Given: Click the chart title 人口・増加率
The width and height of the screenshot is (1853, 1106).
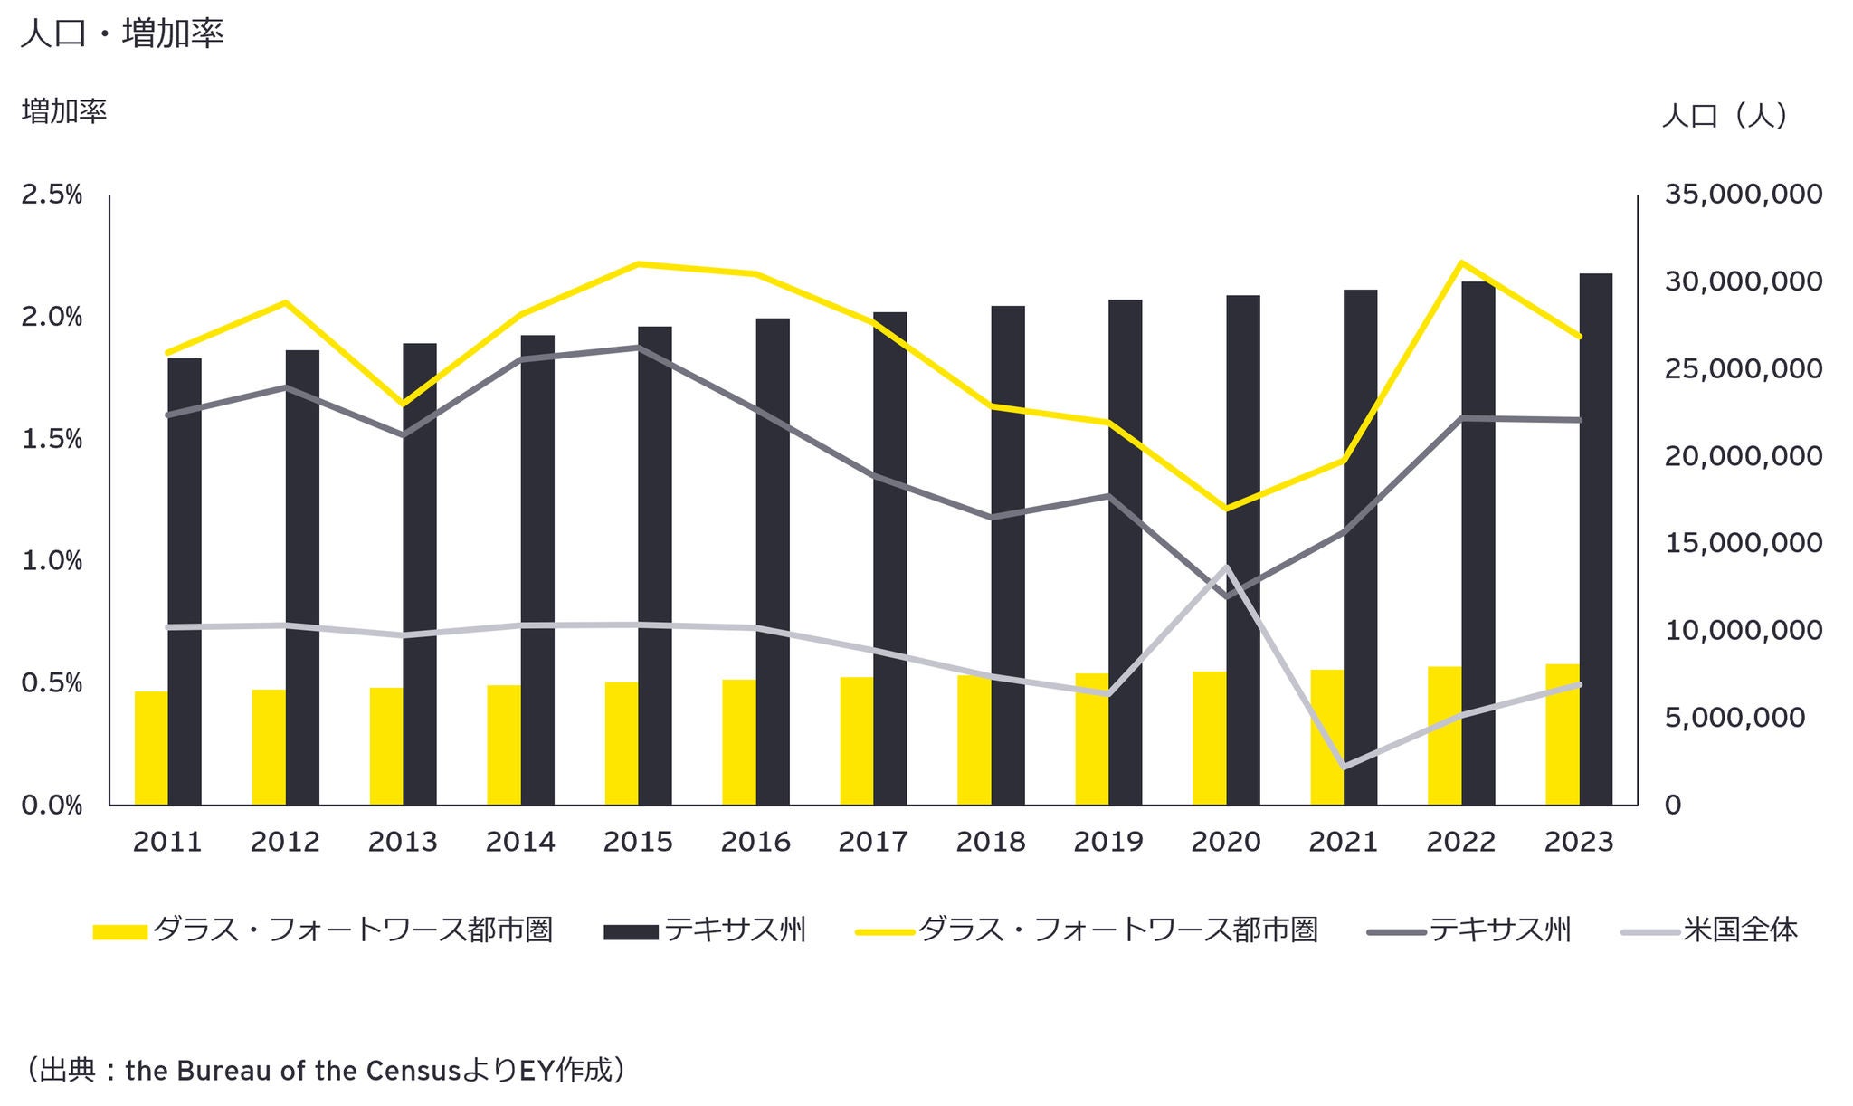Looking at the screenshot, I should (121, 34).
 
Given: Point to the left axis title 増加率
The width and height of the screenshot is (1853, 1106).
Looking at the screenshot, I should (64, 111).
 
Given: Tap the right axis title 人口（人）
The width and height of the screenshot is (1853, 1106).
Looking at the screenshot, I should (1725, 116).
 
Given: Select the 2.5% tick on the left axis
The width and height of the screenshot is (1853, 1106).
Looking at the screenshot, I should (52, 195).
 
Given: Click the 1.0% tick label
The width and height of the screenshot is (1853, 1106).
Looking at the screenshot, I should (52, 561).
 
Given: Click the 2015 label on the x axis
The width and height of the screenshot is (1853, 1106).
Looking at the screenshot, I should (638, 842).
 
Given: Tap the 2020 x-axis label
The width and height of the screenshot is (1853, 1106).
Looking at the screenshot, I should (1226, 842).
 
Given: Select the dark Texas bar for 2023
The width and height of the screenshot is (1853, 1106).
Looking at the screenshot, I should (1596, 539).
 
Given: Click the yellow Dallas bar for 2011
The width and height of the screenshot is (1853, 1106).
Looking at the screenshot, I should (151, 748).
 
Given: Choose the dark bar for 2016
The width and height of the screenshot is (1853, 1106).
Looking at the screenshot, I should (773, 561).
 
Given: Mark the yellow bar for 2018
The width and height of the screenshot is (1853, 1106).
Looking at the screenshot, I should (974, 739).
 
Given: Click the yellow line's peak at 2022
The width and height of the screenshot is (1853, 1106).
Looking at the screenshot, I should (1461, 262).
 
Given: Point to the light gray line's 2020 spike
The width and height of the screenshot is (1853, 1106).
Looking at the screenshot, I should (1226, 567).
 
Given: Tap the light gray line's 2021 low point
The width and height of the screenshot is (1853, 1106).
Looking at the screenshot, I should (1344, 768).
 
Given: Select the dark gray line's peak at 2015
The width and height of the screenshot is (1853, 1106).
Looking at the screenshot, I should (638, 347).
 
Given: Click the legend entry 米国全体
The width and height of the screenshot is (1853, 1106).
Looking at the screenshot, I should (1740, 930).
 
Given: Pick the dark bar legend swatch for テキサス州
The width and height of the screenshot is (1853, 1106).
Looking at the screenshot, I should (631, 931).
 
